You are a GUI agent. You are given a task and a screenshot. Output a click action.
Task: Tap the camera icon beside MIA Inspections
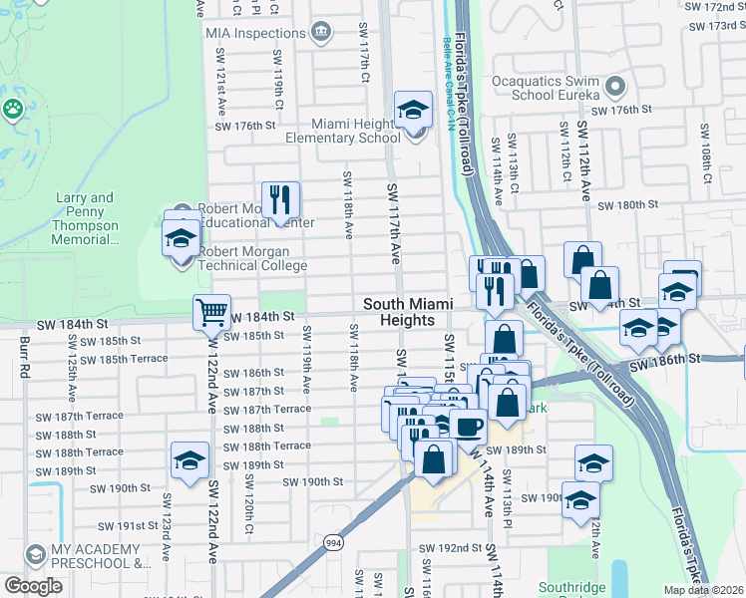pyautogui.click(x=322, y=33)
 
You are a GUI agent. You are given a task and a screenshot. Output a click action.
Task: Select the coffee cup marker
pyautogui.click(x=467, y=426)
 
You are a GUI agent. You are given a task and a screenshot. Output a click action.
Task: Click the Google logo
pyautogui.click(x=33, y=586)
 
